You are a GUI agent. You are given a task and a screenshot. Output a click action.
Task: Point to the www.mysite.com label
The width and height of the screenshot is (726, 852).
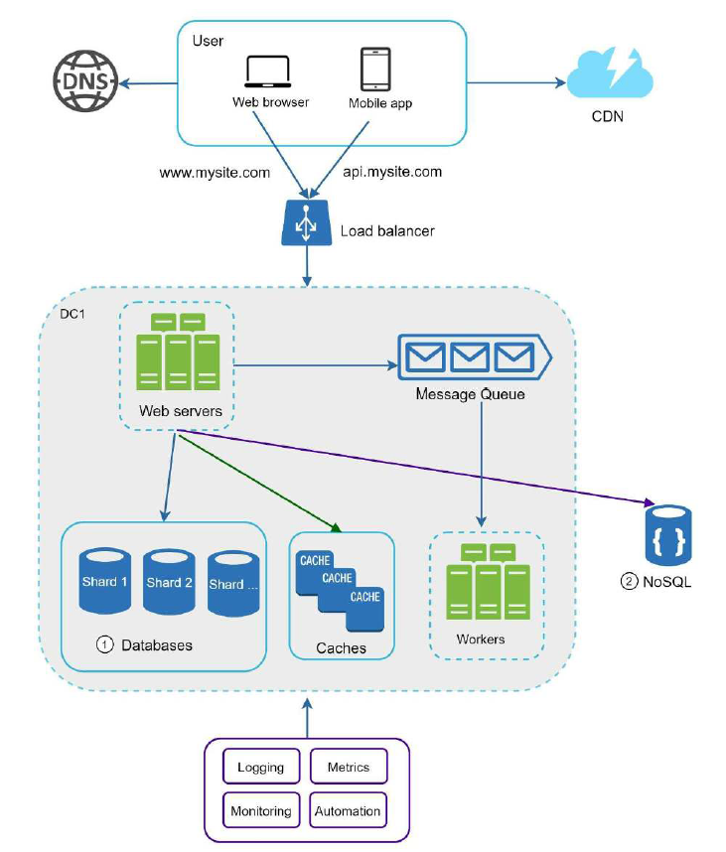point(215,172)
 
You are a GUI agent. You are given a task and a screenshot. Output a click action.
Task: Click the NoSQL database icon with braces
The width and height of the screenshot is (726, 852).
point(668,536)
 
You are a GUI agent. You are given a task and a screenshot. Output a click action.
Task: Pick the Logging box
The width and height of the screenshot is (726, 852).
point(260,768)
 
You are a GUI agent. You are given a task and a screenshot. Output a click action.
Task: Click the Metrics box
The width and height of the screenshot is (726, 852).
point(348,768)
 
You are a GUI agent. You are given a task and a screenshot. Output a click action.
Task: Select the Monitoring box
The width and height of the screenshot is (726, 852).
point(260,810)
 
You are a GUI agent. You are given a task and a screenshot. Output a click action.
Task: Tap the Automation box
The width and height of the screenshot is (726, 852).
point(348,810)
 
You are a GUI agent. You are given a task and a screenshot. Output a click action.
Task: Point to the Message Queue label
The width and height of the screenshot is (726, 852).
point(470,394)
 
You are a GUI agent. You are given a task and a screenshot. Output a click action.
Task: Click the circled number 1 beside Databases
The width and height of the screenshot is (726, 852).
point(104,644)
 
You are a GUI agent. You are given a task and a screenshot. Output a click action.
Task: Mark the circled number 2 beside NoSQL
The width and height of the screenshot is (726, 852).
point(629,582)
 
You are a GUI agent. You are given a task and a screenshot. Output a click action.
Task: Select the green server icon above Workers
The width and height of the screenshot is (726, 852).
point(486,580)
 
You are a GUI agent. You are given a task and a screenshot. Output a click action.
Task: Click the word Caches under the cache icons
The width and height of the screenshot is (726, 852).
point(341,648)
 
